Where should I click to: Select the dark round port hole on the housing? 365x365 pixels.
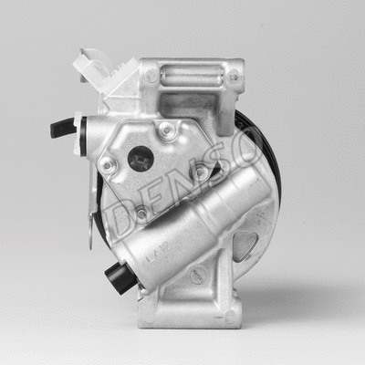(x=141, y=158)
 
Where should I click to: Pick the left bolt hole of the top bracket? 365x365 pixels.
(x=151, y=78)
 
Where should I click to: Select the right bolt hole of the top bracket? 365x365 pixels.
(x=234, y=78)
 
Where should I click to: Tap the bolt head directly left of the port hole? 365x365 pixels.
(x=108, y=166)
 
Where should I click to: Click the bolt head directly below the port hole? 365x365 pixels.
(x=141, y=214)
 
